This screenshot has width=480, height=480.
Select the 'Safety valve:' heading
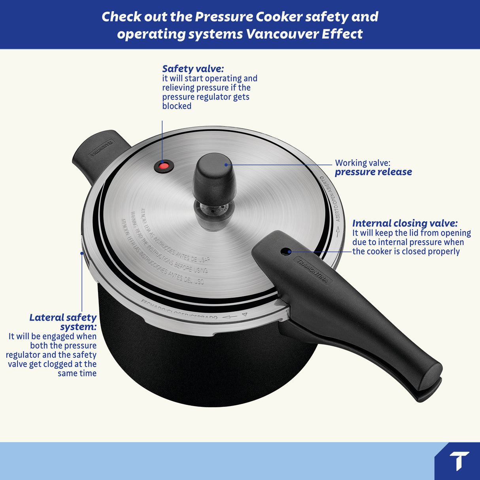[x=193, y=69]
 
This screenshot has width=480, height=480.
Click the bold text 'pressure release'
[x=373, y=172]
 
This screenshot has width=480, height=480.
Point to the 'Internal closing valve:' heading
[x=405, y=223]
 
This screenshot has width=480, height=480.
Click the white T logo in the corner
[x=459, y=461]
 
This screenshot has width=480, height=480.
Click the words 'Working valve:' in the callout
[x=362, y=163]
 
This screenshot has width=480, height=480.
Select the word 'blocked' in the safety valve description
[x=177, y=106]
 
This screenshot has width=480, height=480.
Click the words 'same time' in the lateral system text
[x=77, y=373]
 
